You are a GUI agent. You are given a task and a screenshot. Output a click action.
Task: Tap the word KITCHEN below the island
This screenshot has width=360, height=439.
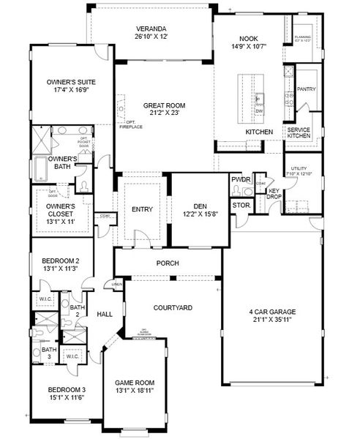[x=259, y=132]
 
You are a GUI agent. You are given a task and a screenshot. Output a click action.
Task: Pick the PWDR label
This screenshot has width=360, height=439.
[x=241, y=179]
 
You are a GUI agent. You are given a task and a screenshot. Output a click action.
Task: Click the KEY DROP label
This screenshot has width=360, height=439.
[x=274, y=194]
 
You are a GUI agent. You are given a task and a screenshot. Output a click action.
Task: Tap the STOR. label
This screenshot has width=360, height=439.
[x=241, y=206]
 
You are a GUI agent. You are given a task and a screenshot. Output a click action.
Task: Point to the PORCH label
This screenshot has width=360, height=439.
[x=168, y=263]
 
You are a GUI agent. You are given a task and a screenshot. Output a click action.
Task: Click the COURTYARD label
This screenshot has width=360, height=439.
[x=173, y=308]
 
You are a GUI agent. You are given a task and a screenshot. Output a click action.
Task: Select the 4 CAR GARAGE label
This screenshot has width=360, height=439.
[x=272, y=316]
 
